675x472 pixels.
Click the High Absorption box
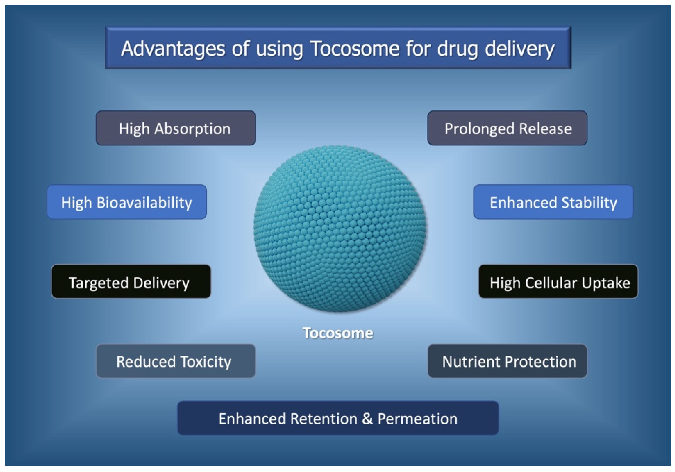click(176, 128)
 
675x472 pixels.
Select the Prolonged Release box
click(507, 128)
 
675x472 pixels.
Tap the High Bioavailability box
click(127, 202)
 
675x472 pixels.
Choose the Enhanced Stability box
click(553, 202)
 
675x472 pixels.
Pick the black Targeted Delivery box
click(131, 281)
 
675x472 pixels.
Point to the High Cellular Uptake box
click(558, 281)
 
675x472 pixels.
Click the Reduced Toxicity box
click(176, 361)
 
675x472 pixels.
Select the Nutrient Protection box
click(507, 361)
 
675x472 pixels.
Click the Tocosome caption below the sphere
click(338, 333)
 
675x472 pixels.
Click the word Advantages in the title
click(173, 49)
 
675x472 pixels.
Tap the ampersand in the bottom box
click(367, 418)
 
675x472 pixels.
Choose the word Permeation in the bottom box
click(418, 418)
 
